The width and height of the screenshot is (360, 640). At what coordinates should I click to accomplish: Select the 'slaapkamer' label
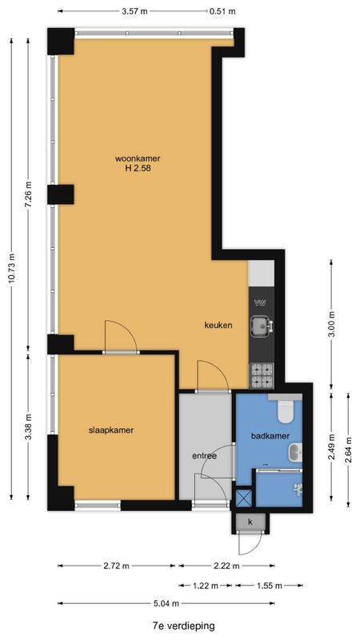[x=110, y=430]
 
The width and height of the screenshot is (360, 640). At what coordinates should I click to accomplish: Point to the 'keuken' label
[x=218, y=326]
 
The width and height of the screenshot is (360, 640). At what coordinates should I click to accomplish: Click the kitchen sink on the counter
[x=261, y=326]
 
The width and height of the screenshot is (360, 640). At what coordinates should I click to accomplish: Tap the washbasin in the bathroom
[x=294, y=454]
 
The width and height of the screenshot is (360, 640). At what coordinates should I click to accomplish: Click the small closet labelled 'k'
[x=250, y=522]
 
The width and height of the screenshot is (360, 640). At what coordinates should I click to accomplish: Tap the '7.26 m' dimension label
[x=29, y=195]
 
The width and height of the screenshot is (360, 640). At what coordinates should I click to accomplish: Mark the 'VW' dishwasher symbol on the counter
[x=260, y=302]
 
